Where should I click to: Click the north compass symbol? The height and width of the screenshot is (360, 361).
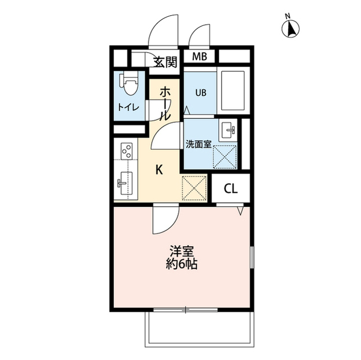pos(290,29)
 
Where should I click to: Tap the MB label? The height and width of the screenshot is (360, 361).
pos(200,56)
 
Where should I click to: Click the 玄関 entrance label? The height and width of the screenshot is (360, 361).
pos(165,63)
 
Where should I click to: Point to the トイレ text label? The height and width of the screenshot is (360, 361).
pos(128,108)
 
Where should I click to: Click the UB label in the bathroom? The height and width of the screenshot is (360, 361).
pos(201,93)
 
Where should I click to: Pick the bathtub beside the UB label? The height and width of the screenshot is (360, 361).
pos(233,91)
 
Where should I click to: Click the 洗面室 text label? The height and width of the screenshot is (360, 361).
pos(199,144)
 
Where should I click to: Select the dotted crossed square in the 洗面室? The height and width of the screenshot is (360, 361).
pos(224,157)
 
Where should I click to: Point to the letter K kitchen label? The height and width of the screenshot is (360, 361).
pos(159,170)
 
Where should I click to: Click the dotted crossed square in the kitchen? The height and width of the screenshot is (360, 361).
pos(194,188)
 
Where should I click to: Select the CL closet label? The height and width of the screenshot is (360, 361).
pos(231,189)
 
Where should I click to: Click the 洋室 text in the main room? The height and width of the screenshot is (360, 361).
pos(182,251)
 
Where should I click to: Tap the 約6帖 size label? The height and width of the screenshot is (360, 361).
pos(182,264)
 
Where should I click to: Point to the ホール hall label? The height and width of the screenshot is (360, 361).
pos(165,103)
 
